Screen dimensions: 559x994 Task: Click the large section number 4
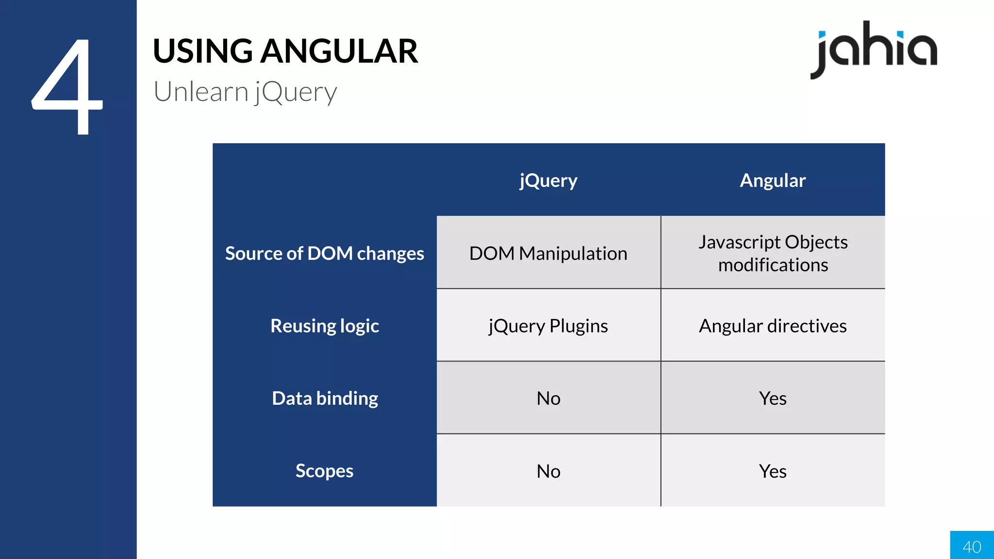point(68,87)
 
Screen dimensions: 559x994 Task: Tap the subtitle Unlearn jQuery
point(245,92)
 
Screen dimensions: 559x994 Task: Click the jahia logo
point(874,49)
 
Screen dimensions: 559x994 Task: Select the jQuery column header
point(548,181)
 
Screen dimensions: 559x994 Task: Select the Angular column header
point(773,181)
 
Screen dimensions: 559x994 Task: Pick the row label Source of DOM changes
point(324,253)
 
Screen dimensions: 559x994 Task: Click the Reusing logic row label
point(324,326)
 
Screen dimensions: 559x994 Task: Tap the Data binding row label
point(325,398)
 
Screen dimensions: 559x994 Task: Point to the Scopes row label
point(324,471)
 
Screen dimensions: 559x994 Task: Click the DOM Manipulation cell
point(548,253)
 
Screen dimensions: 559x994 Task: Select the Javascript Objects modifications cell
point(773,253)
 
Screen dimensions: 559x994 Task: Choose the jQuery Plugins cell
point(548,326)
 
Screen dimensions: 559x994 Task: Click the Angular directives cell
point(773,326)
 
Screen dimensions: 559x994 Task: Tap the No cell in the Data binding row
point(548,398)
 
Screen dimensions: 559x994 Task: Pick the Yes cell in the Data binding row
point(773,398)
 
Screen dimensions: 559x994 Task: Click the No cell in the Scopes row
point(548,471)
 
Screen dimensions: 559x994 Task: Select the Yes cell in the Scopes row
point(773,471)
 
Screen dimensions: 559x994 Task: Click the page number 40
point(972,547)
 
